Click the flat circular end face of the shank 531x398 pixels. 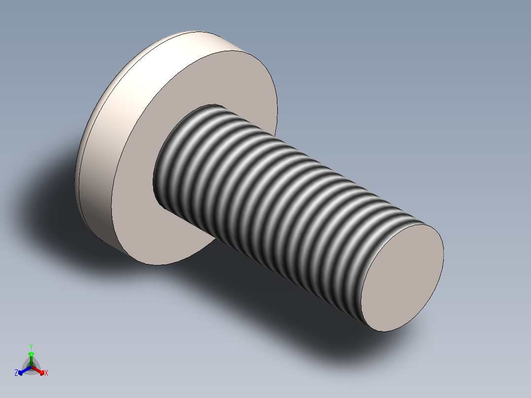point(403,276)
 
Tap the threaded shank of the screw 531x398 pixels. point(276,197)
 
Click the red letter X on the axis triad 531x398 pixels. point(46,373)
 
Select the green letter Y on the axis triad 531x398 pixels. point(31,346)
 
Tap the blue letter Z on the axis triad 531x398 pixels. point(16,373)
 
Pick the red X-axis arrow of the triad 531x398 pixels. point(38,370)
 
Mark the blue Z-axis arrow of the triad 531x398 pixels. point(24,370)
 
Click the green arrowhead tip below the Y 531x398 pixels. point(31,354)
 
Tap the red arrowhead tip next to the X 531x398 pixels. point(42,372)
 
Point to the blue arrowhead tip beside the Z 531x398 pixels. point(21,372)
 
